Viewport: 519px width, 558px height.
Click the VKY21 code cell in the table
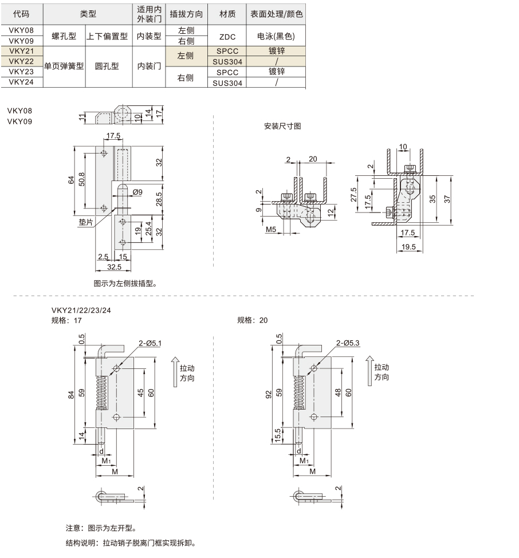(x=21, y=51)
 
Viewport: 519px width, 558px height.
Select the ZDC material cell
(x=227, y=37)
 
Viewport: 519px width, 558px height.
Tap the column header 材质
(x=227, y=14)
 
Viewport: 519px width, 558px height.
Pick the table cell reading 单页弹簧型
(x=64, y=66)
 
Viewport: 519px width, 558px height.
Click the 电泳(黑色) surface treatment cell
(x=276, y=36)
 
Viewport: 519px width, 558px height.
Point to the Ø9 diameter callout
(x=137, y=192)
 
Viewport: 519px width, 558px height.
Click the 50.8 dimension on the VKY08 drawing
(x=82, y=179)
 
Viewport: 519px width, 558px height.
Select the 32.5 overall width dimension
(x=114, y=267)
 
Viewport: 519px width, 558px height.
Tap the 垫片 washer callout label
(x=86, y=222)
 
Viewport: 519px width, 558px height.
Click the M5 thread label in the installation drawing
(x=271, y=230)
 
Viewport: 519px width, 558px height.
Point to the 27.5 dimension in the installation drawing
(x=353, y=195)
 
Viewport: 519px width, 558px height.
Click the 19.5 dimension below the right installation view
(x=408, y=246)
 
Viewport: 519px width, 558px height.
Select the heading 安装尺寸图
(x=282, y=127)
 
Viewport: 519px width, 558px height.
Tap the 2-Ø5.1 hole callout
(x=150, y=343)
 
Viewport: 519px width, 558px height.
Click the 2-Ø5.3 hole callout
(x=348, y=343)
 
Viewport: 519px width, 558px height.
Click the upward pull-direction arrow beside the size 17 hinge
(x=175, y=372)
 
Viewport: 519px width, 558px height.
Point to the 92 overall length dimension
(x=269, y=394)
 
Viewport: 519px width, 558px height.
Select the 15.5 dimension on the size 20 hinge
(x=278, y=435)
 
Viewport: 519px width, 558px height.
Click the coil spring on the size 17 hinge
(x=102, y=393)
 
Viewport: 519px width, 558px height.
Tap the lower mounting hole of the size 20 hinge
(x=314, y=416)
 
